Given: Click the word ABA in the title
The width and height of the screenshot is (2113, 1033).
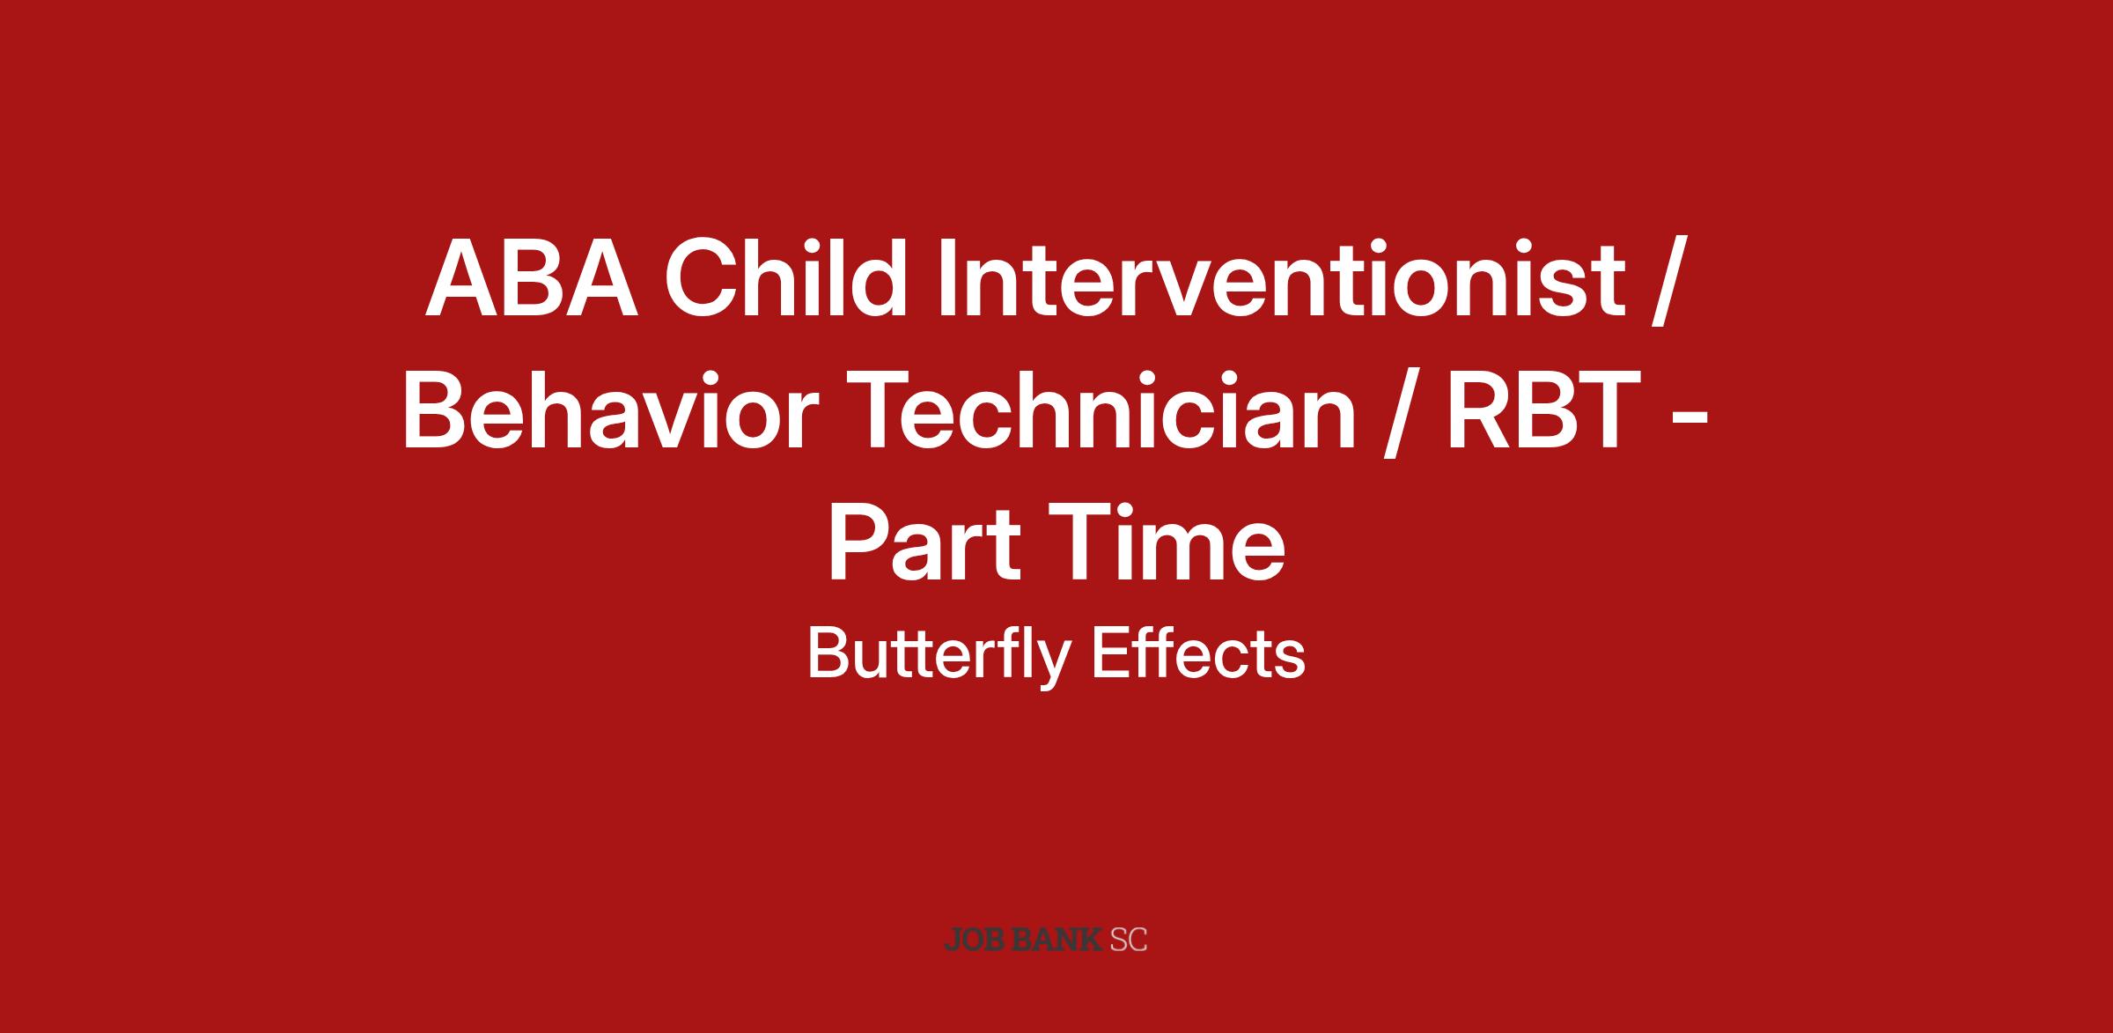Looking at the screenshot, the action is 532,278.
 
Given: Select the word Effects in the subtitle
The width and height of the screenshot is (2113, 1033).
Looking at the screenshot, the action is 1198,653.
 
